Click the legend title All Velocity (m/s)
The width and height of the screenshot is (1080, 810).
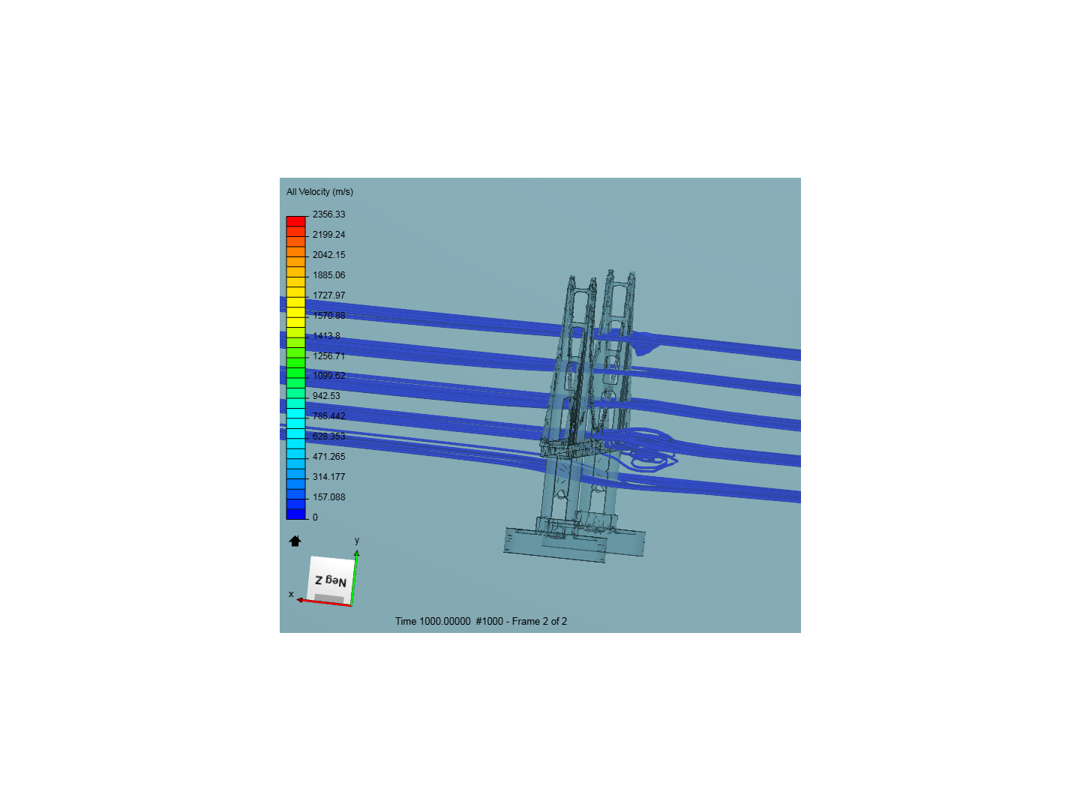(319, 192)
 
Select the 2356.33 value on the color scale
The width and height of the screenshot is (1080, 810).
(328, 214)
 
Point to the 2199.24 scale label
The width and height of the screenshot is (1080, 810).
(328, 235)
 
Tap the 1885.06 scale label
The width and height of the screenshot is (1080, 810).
(328, 275)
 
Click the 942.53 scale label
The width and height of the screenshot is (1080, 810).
(326, 396)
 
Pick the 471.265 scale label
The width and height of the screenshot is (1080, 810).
(328, 457)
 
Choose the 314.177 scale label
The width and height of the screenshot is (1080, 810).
(328, 477)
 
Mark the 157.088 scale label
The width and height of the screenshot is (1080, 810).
(328, 497)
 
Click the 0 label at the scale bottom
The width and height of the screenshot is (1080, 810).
(315, 517)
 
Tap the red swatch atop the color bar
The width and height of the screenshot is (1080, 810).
(296, 221)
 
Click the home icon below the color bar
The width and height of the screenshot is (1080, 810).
(295, 541)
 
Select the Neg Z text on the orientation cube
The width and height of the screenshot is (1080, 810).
(331, 580)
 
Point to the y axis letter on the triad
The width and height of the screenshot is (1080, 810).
(357, 540)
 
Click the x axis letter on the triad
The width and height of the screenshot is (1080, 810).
(291, 594)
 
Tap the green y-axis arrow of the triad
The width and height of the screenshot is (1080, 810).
(354, 577)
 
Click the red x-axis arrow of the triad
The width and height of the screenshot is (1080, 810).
(322, 602)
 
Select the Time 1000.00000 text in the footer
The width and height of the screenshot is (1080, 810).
(433, 621)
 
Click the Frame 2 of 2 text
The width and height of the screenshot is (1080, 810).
(539, 621)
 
